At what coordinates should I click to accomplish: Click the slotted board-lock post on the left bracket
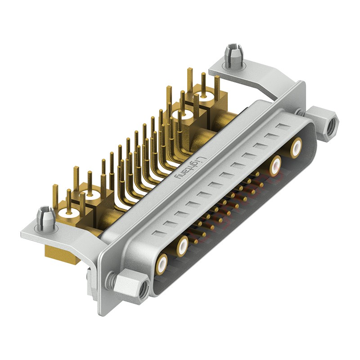[46, 217]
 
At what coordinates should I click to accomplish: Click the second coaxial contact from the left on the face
[182, 245]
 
